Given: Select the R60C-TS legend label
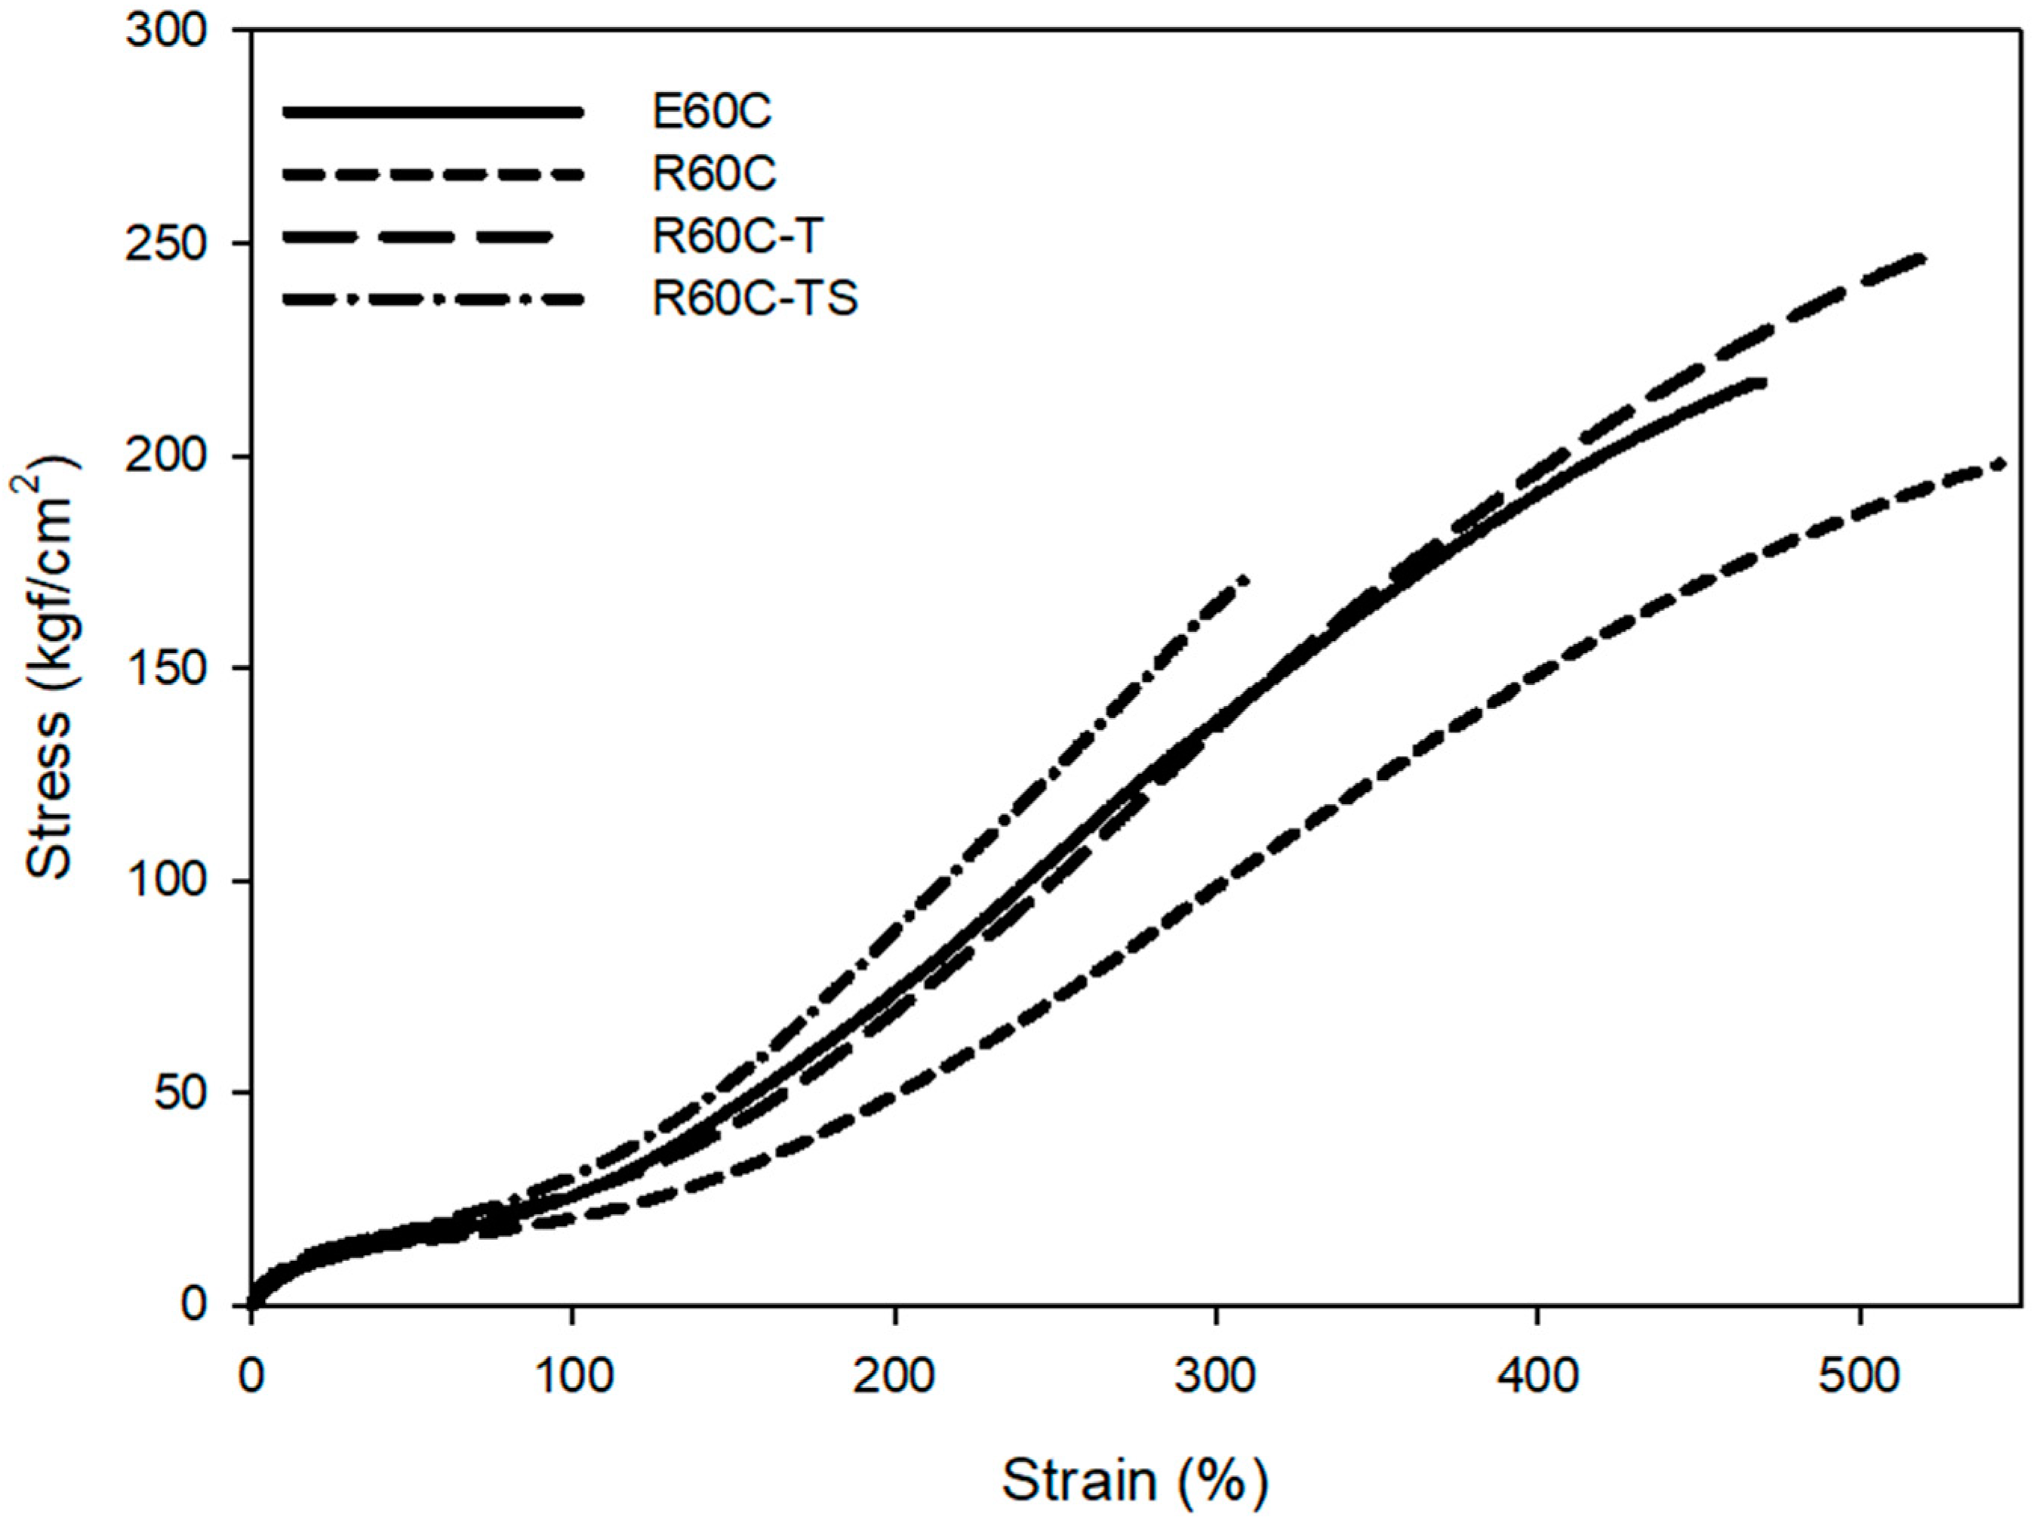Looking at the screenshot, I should pyautogui.click(x=755, y=299).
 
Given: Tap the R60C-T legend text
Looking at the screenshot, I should pyautogui.click(x=737, y=236).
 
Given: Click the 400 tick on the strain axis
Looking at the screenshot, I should pyautogui.click(x=1537, y=1377).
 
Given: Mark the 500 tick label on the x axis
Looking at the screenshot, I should pyautogui.click(x=1860, y=1377).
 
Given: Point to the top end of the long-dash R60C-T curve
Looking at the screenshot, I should pyautogui.click(x=1921, y=258).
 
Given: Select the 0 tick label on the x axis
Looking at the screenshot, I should pyautogui.click(x=251, y=1377).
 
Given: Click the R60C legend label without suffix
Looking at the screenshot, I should pyautogui.click(x=713, y=174).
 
